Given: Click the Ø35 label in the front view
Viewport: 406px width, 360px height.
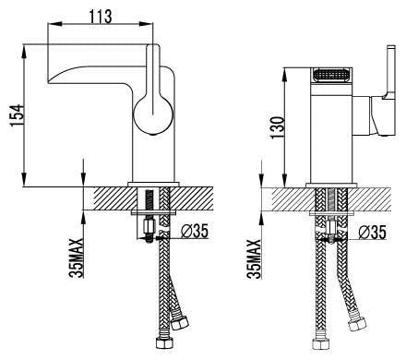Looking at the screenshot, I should [x=371, y=231].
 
